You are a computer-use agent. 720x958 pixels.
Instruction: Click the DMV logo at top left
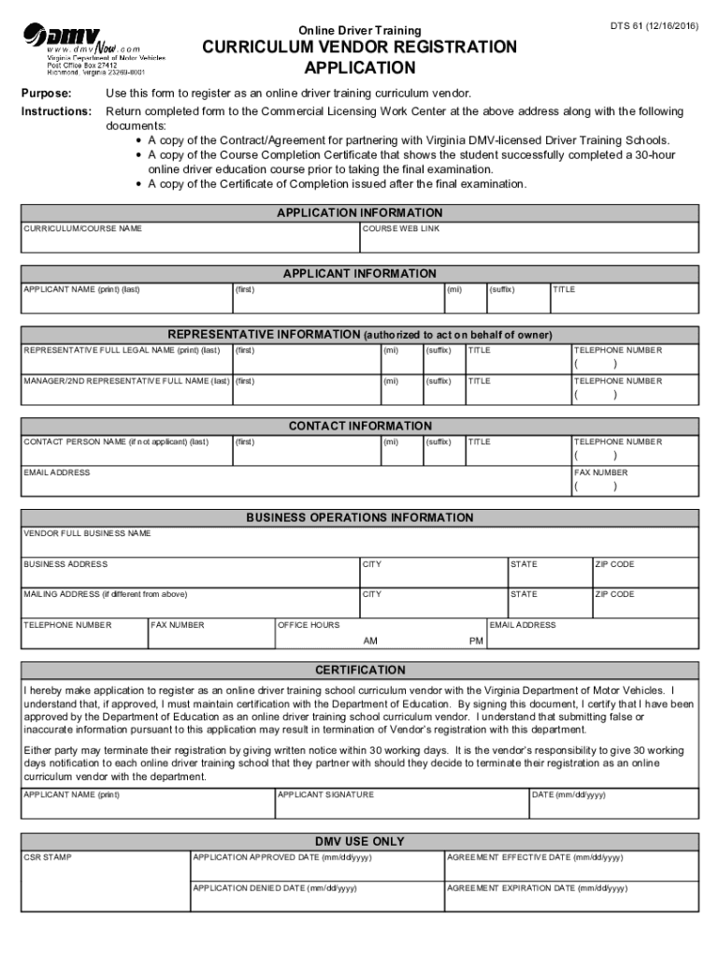pos(94,41)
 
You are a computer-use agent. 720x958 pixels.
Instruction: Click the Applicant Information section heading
pos(360,274)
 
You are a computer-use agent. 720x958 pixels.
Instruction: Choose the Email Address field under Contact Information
pos(296,485)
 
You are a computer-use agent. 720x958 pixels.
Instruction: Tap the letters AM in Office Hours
pos(370,642)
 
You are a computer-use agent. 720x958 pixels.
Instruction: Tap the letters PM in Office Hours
pos(476,642)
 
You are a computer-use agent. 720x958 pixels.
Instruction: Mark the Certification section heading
pos(360,671)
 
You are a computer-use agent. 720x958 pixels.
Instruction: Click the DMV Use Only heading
pos(360,842)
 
